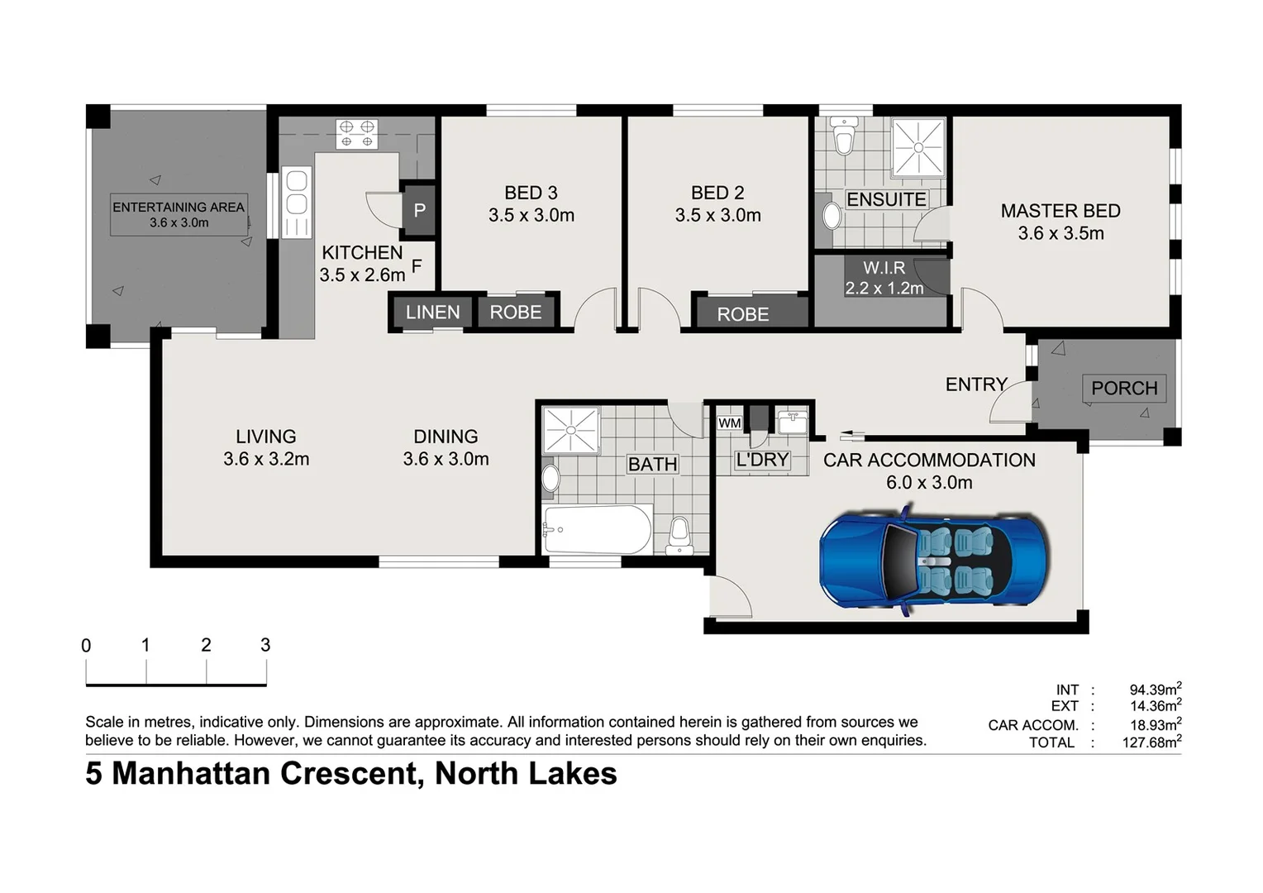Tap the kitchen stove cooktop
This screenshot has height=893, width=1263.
(356, 134)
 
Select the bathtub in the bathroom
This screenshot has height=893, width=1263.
(598, 530)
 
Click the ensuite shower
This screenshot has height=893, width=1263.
(917, 146)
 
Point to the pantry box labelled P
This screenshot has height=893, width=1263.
(419, 210)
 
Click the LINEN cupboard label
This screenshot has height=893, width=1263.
(432, 313)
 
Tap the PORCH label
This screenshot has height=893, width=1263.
(1123, 388)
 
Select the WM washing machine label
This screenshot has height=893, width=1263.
(729, 423)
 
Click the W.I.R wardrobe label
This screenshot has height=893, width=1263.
(884, 268)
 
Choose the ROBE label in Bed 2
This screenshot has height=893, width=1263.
(742, 314)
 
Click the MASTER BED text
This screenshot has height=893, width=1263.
(1060, 211)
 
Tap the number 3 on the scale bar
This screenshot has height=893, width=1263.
(265, 645)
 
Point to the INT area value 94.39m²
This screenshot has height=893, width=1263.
(1155, 690)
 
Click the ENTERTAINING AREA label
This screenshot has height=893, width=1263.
(179, 208)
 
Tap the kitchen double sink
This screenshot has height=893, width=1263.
(296, 202)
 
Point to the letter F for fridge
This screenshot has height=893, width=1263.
(417, 266)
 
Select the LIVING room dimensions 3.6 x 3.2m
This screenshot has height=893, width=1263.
(266, 459)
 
